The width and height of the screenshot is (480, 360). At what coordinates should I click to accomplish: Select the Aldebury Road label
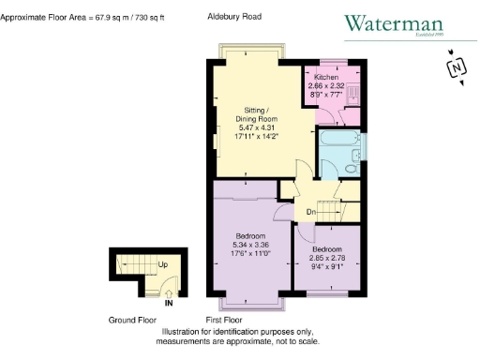coord(234,17)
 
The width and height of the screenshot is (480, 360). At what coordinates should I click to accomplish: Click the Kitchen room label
coord(327,77)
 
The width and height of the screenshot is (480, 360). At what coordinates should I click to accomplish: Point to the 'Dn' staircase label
coord(310,212)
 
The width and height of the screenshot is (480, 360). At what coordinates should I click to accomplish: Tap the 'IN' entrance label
coord(169,303)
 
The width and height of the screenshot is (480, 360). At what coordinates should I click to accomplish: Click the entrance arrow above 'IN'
coord(169,292)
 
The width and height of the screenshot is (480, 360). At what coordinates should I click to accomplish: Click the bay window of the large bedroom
coord(250,303)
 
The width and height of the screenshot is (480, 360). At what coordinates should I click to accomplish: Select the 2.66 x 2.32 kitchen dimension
coord(327,85)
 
